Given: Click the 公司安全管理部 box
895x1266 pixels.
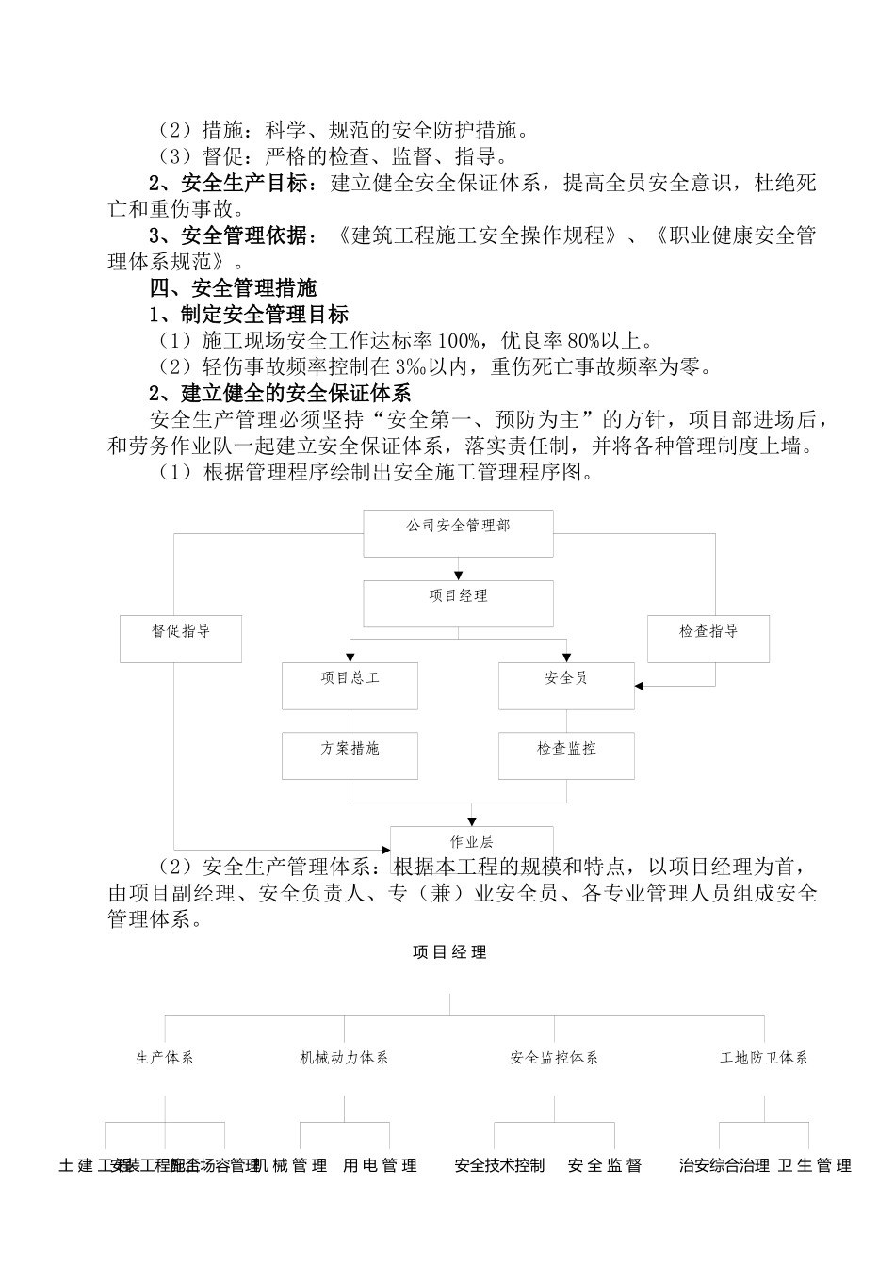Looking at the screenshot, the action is pos(458,533).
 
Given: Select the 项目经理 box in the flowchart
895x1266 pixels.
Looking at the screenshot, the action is pos(458,603).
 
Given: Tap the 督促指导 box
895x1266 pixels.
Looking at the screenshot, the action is pos(181,638).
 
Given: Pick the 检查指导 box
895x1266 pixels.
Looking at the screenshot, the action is pos(708,638).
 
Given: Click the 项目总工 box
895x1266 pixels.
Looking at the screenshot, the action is pos(350,685).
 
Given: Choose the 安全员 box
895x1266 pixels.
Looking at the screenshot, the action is pos(566,685).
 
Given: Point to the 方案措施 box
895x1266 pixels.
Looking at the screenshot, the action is pos(350,755).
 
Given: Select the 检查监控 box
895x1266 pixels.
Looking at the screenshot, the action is pos(566,755).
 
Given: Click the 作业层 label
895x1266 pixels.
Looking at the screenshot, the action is pos(472,841).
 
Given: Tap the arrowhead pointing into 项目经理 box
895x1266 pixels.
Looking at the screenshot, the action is pos(459,575).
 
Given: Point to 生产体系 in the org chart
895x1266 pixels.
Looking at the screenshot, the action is pos(165,1058).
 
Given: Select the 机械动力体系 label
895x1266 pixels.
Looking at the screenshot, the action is pos(344,1058).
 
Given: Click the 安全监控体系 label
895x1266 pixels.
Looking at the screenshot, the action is pos(554,1058).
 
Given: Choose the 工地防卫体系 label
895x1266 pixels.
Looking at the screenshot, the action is pos(764,1058).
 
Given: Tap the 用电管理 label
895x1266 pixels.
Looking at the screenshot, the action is pos(380,1166).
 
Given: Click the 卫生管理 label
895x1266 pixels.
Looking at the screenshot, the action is pos(815,1166).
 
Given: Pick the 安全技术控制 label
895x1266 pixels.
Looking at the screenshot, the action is pos(499,1166).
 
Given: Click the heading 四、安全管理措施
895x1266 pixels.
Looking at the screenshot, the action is pos(233,288).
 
